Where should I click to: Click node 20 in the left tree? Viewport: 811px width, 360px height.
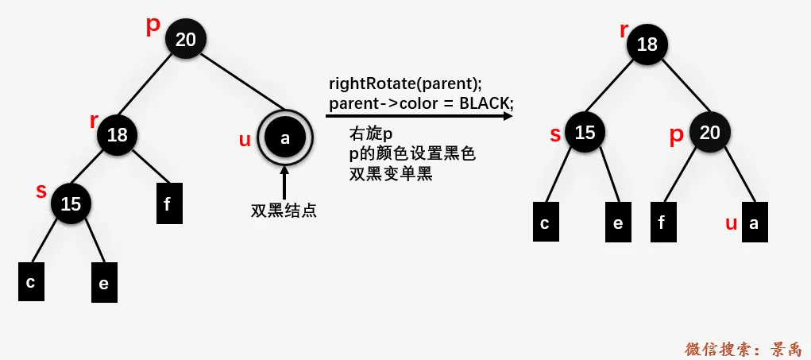(x=186, y=39)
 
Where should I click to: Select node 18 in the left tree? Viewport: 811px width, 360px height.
(x=118, y=135)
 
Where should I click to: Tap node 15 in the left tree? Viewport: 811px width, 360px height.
(x=71, y=204)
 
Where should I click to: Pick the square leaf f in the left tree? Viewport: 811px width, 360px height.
(x=167, y=203)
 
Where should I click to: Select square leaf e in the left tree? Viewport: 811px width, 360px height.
(x=104, y=282)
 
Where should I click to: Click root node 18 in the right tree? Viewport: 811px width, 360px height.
(x=647, y=45)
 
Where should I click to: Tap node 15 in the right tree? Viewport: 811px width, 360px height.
(x=585, y=132)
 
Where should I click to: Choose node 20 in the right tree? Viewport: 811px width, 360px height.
(x=709, y=132)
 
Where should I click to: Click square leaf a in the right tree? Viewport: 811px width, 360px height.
(x=754, y=223)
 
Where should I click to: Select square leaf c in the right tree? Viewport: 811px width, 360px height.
(x=545, y=223)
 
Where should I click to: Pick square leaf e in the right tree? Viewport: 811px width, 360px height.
(x=617, y=223)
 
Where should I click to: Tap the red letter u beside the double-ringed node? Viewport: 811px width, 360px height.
(x=245, y=141)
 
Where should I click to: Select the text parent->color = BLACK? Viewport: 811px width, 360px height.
(x=421, y=103)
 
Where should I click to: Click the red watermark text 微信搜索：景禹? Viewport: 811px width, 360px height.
(x=743, y=348)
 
